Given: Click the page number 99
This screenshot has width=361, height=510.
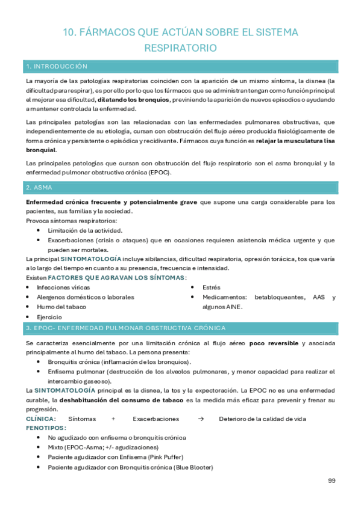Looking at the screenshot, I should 331,480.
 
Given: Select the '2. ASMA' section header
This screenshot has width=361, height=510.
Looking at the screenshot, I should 39,188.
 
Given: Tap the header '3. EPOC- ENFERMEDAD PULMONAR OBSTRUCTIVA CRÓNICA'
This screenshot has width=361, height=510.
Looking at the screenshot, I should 125,328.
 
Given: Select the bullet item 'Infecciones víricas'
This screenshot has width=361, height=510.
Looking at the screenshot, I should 62,287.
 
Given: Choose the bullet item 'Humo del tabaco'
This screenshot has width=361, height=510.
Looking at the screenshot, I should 61,307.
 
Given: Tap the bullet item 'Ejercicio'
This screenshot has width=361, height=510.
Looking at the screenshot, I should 49,316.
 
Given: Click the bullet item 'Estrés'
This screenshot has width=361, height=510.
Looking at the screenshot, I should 212,287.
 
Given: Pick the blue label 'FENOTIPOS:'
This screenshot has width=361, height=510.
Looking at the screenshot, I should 46,428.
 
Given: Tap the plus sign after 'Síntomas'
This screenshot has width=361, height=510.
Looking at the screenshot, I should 113,418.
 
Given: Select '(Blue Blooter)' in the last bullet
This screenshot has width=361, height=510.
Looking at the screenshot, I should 193,467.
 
